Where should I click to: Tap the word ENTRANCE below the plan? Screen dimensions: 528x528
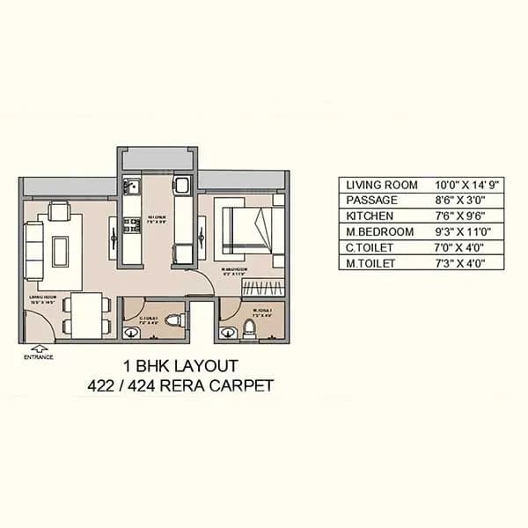[38, 357]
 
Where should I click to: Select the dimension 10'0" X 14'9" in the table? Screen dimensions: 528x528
[467, 185]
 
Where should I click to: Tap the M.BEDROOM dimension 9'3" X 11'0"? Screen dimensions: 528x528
[466, 231]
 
